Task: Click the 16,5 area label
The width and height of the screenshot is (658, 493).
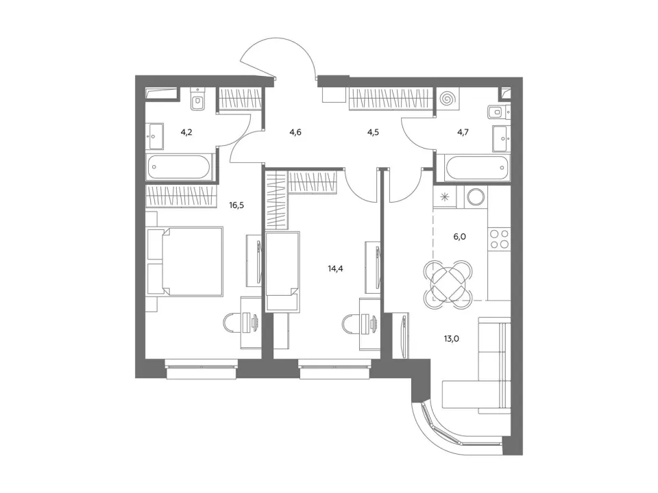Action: point(236,205)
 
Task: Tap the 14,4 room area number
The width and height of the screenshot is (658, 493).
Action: point(335,268)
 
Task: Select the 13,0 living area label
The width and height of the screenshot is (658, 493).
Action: point(451,339)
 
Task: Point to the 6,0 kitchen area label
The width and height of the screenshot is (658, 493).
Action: point(459,237)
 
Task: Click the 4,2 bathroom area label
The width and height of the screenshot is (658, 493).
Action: point(186,132)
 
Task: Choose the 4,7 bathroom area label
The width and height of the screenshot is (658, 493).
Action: point(463,132)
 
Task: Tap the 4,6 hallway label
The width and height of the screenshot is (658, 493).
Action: point(295,132)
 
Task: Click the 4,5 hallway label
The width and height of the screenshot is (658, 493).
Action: point(373,132)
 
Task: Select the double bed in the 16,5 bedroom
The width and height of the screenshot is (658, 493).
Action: point(184,262)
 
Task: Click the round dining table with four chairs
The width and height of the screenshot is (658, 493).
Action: point(448,283)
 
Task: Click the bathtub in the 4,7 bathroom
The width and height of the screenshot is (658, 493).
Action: point(478,167)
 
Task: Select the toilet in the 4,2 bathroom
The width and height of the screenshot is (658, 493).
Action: point(197,99)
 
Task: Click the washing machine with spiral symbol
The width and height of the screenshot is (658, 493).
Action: point(448,99)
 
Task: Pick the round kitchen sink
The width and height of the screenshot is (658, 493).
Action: point(476,197)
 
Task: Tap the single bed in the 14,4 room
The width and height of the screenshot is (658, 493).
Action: point(282,272)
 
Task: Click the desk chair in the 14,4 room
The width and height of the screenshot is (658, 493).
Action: point(350,324)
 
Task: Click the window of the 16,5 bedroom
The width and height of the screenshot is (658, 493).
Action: point(202,369)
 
